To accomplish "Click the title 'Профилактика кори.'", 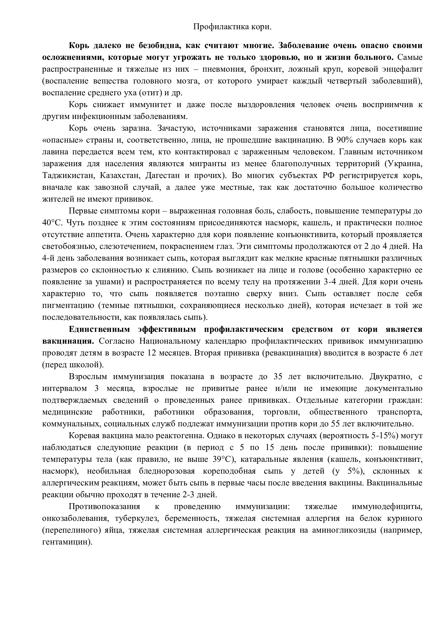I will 232,27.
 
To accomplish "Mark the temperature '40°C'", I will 53,223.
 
